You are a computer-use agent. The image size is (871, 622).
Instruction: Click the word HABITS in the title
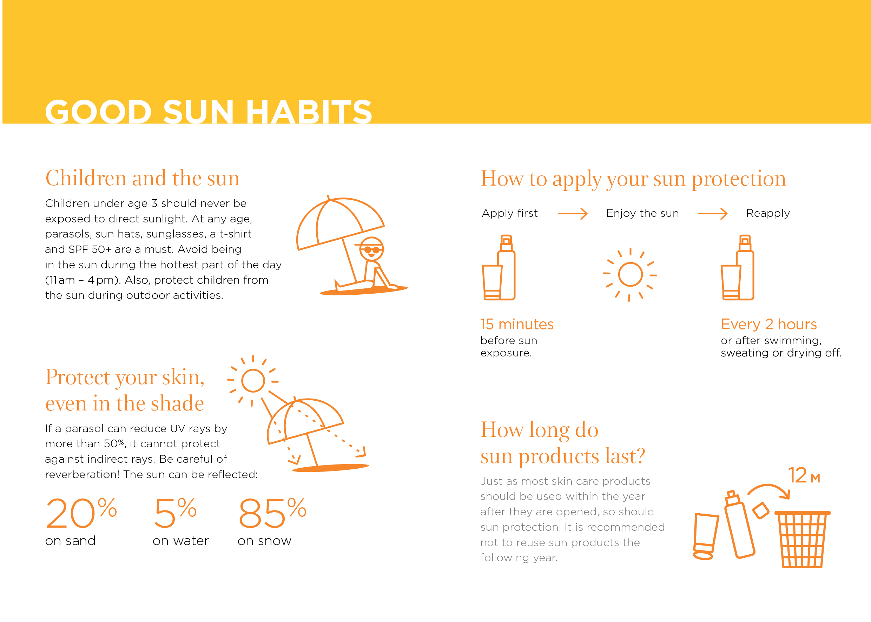click(309, 112)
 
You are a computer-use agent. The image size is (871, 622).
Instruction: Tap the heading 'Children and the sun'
click(143, 178)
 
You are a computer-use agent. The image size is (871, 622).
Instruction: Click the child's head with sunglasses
click(371, 249)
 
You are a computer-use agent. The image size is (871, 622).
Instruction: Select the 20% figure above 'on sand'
click(81, 513)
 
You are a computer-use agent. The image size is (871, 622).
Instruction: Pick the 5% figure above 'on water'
click(176, 513)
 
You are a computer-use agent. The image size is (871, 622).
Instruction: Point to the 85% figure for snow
click(272, 513)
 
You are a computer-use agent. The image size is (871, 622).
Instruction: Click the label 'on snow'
click(264, 541)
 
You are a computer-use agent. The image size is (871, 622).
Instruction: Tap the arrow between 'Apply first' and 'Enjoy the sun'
click(573, 214)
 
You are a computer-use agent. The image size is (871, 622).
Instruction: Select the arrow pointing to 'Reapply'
click(712, 214)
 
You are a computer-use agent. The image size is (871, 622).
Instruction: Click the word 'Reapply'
click(768, 213)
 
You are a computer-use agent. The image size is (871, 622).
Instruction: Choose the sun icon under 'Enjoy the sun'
click(630, 275)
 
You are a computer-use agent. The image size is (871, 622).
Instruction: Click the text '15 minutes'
click(517, 325)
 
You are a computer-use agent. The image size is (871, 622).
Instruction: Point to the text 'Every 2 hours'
click(769, 325)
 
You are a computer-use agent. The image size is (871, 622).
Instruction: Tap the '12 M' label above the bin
click(804, 475)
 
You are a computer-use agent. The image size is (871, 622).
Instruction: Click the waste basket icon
click(803, 539)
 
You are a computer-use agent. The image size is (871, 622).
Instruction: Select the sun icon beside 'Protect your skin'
click(253, 381)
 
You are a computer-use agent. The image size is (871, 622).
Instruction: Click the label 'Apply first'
click(510, 213)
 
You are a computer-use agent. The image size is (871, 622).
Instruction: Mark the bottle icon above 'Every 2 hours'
click(738, 268)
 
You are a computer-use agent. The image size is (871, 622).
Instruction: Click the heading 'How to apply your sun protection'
click(633, 179)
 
